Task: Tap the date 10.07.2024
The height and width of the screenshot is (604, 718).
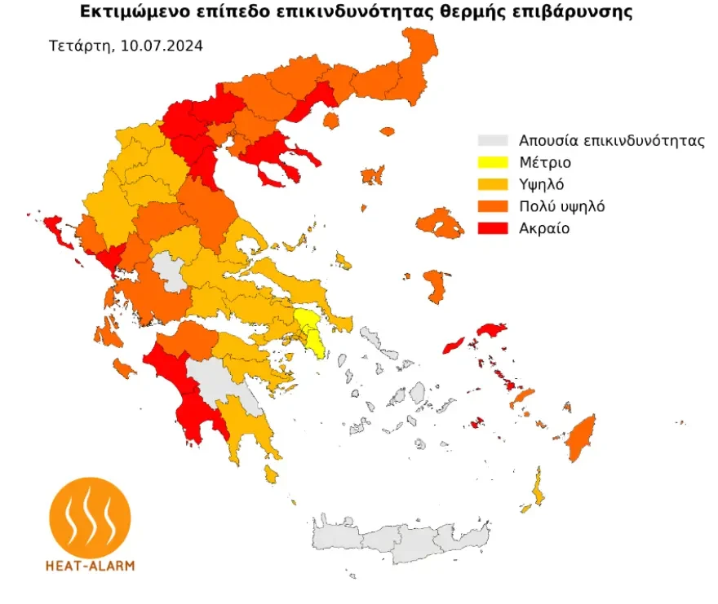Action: click(162, 46)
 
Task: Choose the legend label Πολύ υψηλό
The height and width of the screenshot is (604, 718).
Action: click(561, 206)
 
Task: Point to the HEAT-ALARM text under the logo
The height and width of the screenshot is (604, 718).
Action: click(91, 565)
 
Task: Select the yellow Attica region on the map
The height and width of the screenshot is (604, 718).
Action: click(312, 330)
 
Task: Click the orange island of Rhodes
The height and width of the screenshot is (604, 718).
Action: click(581, 437)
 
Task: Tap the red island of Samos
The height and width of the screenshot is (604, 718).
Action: click(491, 330)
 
